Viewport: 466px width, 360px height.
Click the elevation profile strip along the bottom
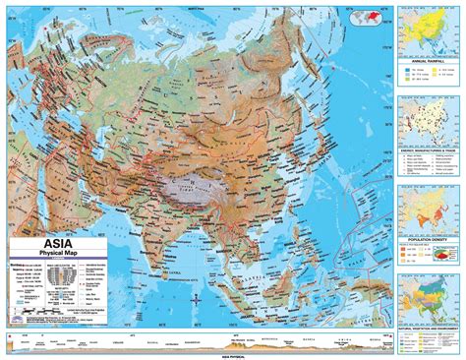pyautogui.click(x=197, y=341)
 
